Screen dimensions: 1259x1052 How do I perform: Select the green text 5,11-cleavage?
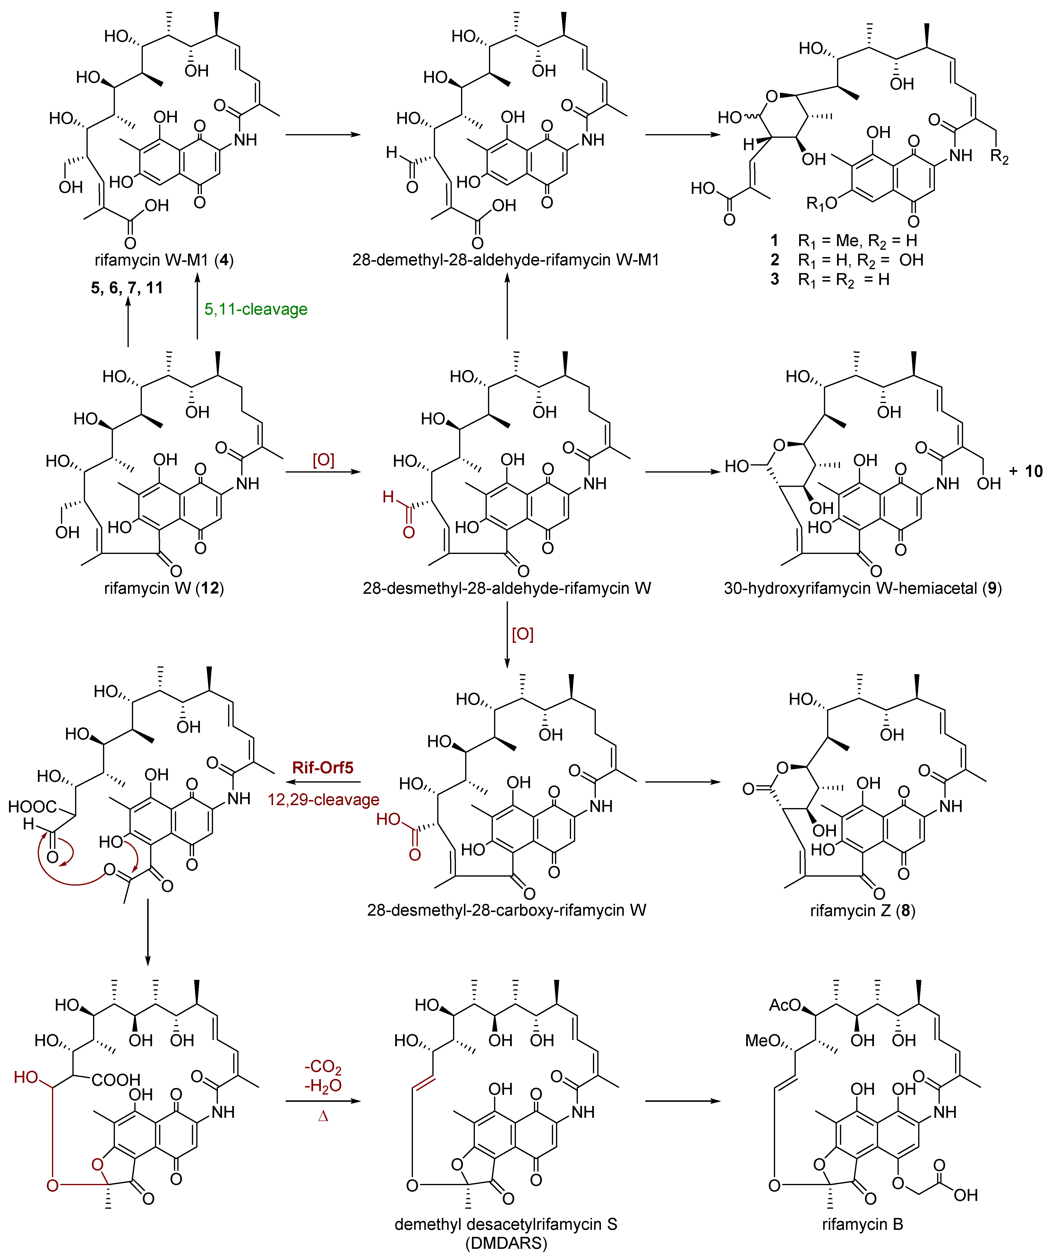256,309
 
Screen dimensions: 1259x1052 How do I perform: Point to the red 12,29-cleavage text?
323,800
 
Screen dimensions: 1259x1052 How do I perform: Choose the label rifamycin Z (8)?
863,911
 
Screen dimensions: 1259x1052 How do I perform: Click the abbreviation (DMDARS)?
506,1243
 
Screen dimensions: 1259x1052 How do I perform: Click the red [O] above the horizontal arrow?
323,460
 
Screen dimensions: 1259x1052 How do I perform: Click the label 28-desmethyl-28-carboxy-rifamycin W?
506,911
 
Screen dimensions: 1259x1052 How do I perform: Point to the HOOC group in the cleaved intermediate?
32,807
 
